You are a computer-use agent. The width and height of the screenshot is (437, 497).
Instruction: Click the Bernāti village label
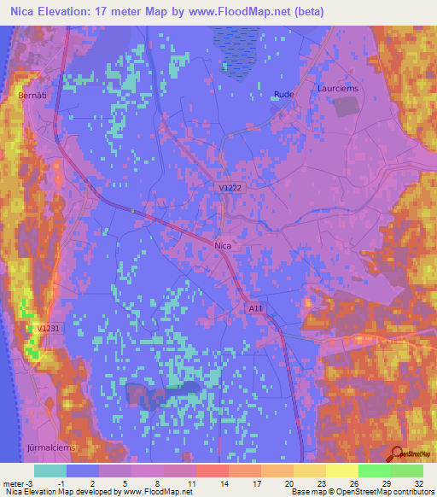[x=32, y=96]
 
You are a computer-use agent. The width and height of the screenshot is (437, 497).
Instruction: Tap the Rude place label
[x=283, y=95]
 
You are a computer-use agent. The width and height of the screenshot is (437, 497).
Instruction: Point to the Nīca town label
[x=223, y=245]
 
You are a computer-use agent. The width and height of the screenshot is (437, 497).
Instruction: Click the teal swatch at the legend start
[x=50, y=471]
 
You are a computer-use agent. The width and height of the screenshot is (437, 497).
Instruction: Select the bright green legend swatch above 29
[x=374, y=471]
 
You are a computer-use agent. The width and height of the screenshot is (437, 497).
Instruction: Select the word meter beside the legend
[x=13, y=483]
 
